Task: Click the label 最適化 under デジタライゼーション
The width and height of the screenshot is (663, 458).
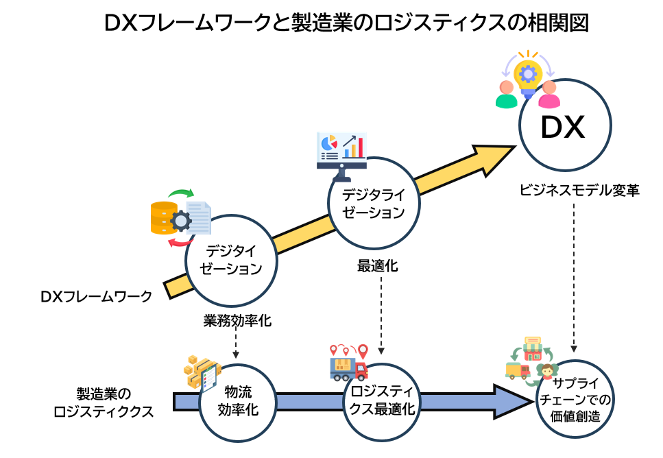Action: (377, 265)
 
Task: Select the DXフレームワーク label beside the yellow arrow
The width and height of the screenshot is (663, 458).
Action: (95, 297)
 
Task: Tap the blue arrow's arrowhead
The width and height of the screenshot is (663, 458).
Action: (511, 401)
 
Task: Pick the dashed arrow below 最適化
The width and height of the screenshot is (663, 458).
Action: (381, 312)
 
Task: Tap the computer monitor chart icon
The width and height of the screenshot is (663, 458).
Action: (341, 150)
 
